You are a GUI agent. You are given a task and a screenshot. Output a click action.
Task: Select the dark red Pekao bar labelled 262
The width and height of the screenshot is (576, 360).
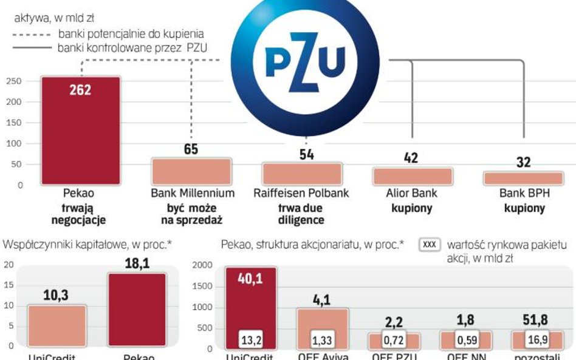(80, 131)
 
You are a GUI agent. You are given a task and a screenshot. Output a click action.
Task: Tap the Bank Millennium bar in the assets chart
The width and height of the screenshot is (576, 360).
(191, 172)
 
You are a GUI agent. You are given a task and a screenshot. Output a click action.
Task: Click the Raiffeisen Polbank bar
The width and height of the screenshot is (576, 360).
(301, 174)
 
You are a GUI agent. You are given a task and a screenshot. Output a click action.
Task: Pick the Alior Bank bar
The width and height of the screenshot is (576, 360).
(412, 177)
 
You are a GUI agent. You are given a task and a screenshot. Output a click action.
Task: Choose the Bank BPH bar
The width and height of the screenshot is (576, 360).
(523, 178)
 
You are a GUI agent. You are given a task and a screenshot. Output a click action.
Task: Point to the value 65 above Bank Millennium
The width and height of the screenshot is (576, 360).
(191, 149)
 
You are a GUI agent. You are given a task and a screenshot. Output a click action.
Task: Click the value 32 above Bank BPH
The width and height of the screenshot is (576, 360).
(523, 162)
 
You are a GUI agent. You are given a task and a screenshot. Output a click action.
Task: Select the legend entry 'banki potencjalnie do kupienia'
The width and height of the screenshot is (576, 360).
(131, 33)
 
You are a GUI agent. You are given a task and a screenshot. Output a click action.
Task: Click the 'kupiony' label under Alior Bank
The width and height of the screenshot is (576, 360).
(412, 208)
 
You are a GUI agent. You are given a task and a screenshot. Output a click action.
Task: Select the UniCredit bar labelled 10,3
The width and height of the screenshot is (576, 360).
(57, 327)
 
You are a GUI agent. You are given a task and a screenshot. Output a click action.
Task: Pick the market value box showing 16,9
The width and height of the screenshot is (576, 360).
(535, 339)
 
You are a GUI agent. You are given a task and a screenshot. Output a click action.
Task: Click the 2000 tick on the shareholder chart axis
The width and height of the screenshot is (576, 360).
(205, 265)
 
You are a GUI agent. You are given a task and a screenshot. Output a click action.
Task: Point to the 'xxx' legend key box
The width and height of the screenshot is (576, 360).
(430, 245)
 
